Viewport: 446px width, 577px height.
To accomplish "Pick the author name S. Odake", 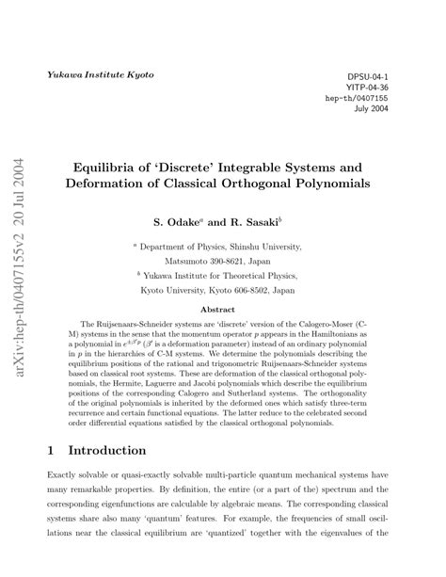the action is (176, 223).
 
